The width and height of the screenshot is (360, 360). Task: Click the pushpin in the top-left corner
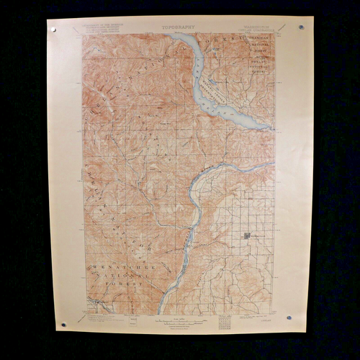(x=53, y=30)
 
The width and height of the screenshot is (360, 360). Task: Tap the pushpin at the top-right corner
(x=301, y=27)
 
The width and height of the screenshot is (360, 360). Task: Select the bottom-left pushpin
(x=63, y=324)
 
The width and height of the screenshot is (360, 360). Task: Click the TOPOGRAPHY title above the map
(x=178, y=27)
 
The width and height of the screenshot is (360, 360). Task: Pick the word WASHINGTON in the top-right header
(x=252, y=30)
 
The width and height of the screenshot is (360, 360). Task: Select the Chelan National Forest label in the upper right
(x=261, y=62)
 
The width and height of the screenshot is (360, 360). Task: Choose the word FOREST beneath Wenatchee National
(x=124, y=284)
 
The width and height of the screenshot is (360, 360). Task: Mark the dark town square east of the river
(x=247, y=235)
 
